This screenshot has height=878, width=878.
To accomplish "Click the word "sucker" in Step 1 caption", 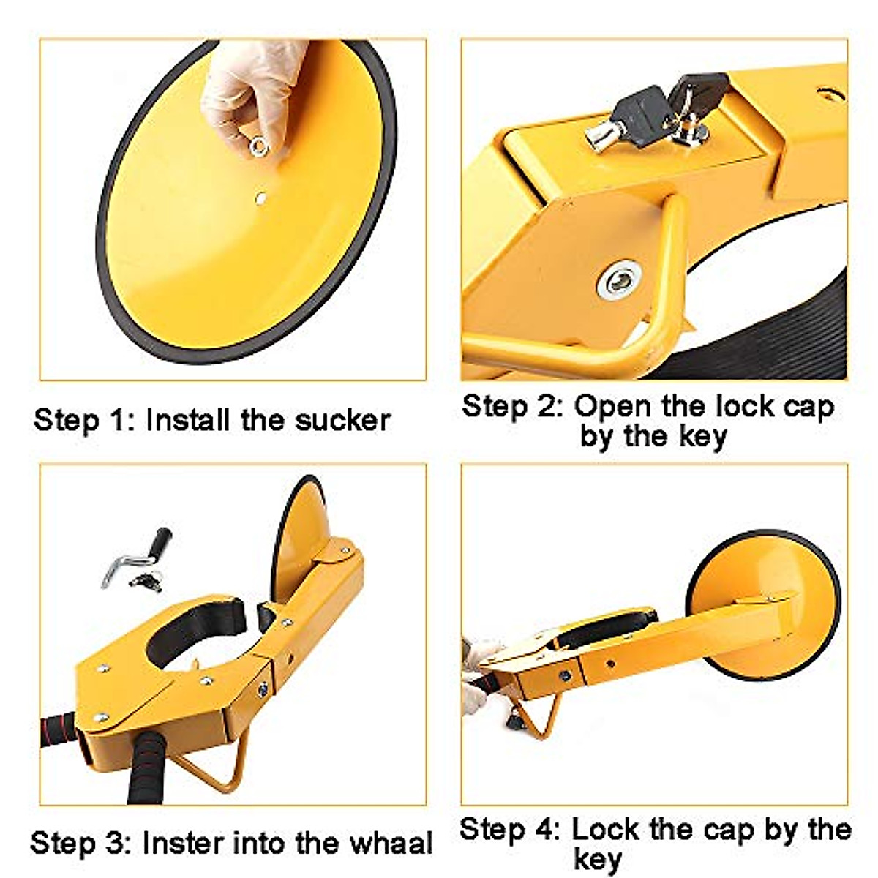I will pyautogui.click(x=343, y=421).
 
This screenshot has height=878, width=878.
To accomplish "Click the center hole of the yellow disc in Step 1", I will pyautogui.click(x=261, y=197).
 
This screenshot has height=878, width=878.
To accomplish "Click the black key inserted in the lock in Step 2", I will pyautogui.click(x=637, y=110).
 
